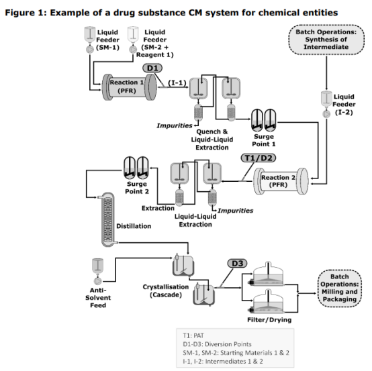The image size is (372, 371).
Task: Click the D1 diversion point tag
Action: pyautogui.click(x=152, y=68)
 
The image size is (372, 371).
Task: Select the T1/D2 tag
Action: pyautogui.click(x=259, y=158)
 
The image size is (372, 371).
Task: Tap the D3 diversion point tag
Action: pyautogui.click(x=237, y=264)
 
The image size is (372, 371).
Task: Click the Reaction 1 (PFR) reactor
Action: pyautogui.click(x=130, y=87)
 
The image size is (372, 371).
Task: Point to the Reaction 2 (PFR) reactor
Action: pyautogui.click(x=281, y=181)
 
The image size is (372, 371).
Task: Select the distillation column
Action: pyautogui.click(x=107, y=220)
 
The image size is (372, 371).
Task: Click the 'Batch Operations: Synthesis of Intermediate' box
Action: pyautogui.click(x=326, y=40)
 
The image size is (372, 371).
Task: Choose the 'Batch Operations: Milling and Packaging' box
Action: pyautogui.click(x=340, y=288)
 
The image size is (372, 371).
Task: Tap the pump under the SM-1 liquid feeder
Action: pyautogui.click(x=90, y=49)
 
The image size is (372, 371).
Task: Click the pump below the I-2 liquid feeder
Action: pyautogui.click(x=326, y=114)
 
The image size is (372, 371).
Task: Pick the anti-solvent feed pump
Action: pyautogui.click(x=97, y=281)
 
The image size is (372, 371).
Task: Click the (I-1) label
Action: pyautogui.click(x=177, y=83)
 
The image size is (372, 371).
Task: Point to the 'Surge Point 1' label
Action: pyautogui.click(x=264, y=140)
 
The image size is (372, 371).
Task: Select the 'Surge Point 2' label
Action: pyautogui.click(x=137, y=188)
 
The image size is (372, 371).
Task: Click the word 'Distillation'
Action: pyautogui.click(x=134, y=226)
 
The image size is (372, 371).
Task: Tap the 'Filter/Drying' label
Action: pyautogui.click(x=269, y=320)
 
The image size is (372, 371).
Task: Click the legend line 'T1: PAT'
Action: pyautogui.click(x=193, y=335)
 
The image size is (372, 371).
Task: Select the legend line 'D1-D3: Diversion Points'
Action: pyautogui.click(x=217, y=344)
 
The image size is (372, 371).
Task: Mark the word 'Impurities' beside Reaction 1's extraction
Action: pyautogui.click(x=175, y=125)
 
